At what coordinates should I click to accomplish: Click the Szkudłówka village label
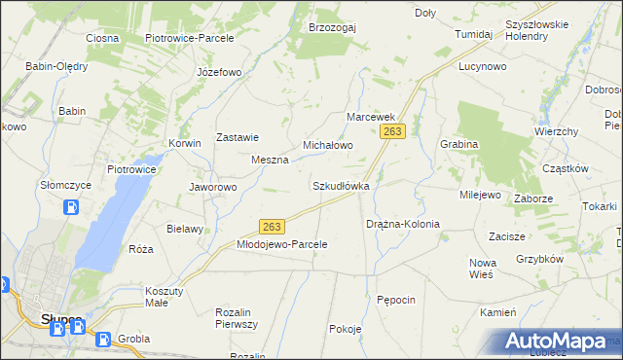[340, 185]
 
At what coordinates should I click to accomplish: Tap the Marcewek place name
[370, 116]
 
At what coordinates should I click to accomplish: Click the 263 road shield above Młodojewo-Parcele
[272, 227]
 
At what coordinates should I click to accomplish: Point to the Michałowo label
[327, 144]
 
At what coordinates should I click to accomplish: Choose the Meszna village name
[270, 160]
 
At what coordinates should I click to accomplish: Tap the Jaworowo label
[212, 187]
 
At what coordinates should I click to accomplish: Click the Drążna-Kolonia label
[402, 224]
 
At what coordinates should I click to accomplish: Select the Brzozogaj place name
[332, 27]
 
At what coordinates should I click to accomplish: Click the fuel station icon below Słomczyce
[71, 207]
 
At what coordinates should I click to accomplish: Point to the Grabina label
[458, 144]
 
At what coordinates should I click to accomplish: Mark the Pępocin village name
[396, 300]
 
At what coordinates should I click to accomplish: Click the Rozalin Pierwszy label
[236, 318]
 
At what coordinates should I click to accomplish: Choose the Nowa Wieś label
[483, 269]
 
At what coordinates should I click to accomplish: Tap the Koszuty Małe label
[170, 297]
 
